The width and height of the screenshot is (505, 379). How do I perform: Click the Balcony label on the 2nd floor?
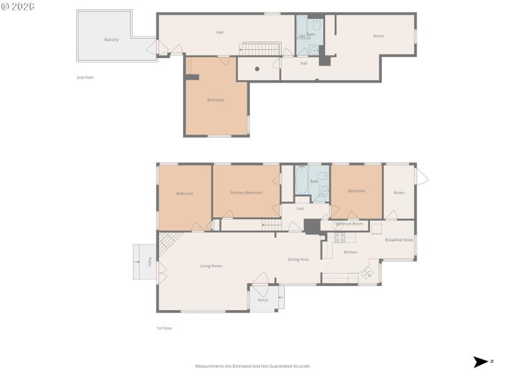tap(111, 40)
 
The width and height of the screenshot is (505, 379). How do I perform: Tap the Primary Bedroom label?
tap(246, 193)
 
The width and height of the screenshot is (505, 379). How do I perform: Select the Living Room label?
tap(211, 266)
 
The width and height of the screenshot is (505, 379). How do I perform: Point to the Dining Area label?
tap(298, 260)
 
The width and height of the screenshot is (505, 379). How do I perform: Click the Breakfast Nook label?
tap(398, 240)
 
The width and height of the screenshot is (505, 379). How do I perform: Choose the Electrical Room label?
tap(349, 224)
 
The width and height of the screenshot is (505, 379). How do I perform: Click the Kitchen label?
tap(350, 252)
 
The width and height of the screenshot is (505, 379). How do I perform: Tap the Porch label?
tap(263, 300)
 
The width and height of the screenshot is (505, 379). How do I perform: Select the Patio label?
tap(150, 261)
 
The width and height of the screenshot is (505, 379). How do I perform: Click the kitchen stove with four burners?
tap(340, 238)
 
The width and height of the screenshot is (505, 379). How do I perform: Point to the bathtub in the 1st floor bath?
tap(302, 181)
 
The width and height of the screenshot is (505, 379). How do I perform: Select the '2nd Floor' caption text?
tap(85, 77)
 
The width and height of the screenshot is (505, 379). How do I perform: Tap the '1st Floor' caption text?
tap(164, 328)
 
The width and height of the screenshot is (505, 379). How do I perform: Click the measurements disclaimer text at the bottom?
tap(252, 366)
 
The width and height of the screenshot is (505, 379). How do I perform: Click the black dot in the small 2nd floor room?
tap(257, 69)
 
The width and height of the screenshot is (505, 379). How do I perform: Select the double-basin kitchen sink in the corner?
tap(367, 275)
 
